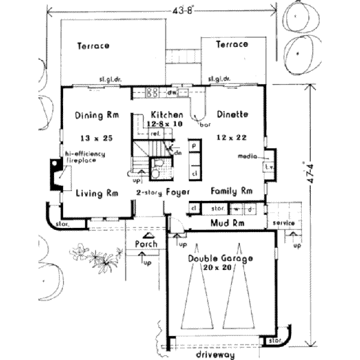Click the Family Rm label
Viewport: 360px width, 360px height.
tap(231, 191)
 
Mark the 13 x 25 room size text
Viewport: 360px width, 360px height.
tap(96, 138)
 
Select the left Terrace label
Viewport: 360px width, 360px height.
tap(92, 46)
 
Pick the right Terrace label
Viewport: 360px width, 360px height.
tap(232, 44)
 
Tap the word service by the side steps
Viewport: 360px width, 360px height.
tap(282, 223)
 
